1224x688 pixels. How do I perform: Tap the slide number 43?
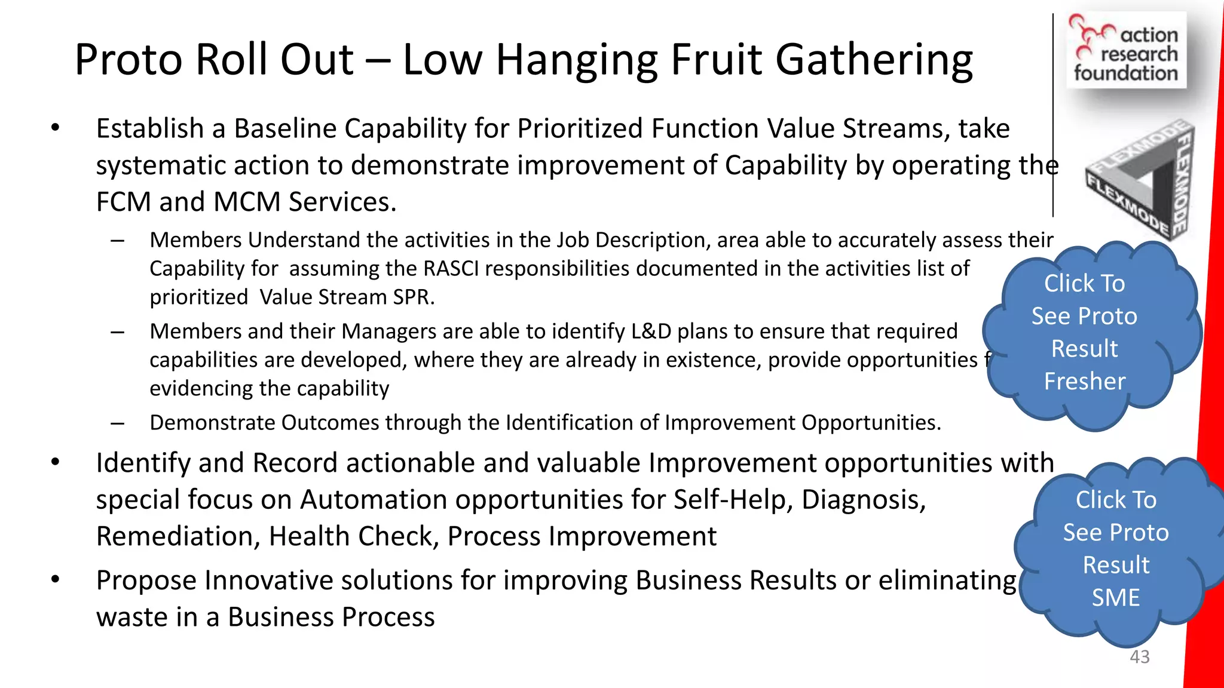(x=1139, y=657)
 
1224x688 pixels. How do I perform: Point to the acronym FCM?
(x=123, y=202)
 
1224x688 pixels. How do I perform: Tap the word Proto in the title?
(x=128, y=60)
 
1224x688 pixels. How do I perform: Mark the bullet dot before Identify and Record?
(x=56, y=463)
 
